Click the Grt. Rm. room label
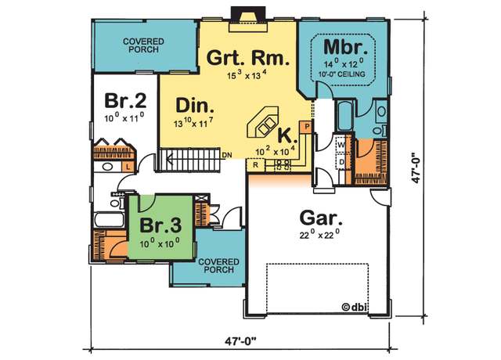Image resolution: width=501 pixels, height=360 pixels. [248, 58]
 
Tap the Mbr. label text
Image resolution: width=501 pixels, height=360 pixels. [345, 47]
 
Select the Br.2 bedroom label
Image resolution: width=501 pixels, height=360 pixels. [125, 101]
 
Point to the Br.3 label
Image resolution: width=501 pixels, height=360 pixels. [160, 225]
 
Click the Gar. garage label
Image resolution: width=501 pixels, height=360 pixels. [321, 218]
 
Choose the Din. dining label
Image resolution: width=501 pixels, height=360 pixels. [195, 106]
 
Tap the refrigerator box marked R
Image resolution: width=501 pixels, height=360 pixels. [255, 165]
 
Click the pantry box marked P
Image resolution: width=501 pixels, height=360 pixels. [307, 127]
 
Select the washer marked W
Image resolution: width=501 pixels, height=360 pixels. [341, 145]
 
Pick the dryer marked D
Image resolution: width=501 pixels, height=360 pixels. [341, 162]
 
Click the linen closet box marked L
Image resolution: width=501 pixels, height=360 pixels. [128, 167]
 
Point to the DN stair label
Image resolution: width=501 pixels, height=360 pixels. [227, 155]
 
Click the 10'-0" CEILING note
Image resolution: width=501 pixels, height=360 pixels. [341, 74]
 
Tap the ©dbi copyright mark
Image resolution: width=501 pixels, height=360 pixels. [355, 308]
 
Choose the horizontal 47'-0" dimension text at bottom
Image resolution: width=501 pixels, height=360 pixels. [240, 341]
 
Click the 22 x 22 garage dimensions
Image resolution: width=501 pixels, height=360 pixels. [319, 235]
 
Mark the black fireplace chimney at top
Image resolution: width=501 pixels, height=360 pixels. [248, 14]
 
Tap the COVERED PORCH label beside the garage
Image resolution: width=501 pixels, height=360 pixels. [218, 266]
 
